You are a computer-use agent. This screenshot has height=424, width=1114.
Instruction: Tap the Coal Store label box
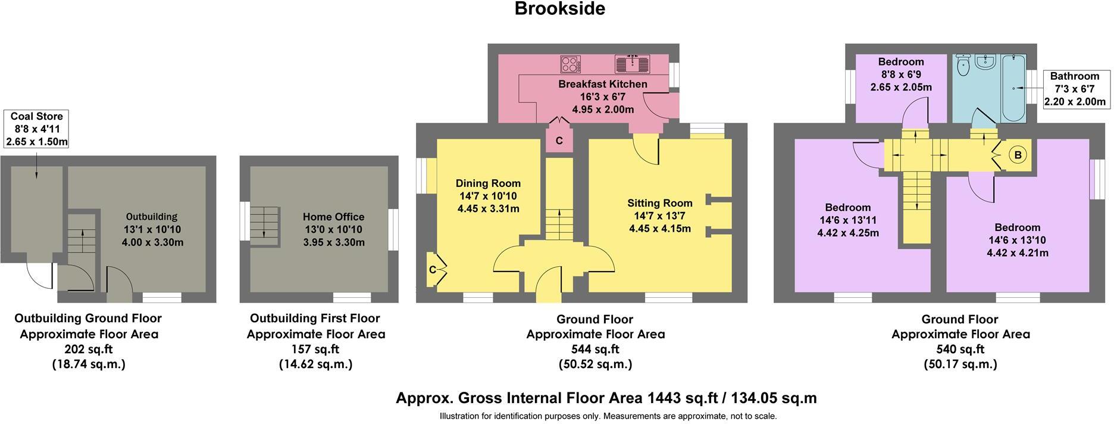(x=36, y=129)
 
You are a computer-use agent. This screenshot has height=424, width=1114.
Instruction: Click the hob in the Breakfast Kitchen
(x=571, y=64)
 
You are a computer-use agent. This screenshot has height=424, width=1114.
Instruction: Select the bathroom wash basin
(x=988, y=61)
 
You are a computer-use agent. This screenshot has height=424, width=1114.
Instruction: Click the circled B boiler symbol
(x=1018, y=155)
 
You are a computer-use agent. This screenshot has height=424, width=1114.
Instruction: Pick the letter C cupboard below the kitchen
(x=559, y=141)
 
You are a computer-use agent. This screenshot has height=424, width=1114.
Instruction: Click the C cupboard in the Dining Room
(x=434, y=270)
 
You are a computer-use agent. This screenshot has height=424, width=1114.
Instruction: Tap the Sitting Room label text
(x=659, y=203)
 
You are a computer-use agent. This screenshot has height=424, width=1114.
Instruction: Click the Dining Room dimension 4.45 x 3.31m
(x=488, y=208)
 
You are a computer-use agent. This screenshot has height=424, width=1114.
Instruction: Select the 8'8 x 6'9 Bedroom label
(x=901, y=74)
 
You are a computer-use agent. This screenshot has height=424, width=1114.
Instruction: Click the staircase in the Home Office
(x=264, y=226)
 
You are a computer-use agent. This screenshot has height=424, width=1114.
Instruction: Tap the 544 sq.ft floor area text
(x=595, y=349)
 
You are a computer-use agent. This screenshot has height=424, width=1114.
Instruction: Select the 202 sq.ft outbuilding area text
(x=88, y=349)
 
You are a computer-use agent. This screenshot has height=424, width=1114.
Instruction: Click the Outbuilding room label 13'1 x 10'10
(x=151, y=230)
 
